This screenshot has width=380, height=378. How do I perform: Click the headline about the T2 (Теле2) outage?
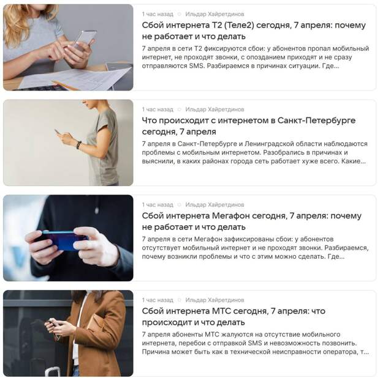[x=254, y=31]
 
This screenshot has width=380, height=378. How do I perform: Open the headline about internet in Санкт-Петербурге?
[x=249, y=126]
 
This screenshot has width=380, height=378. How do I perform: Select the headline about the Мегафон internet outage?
[x=251, y=221]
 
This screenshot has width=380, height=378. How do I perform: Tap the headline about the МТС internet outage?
[x=234, y=316]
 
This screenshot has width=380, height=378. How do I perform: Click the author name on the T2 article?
[x=215, y=14]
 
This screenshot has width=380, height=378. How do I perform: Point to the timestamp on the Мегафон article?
[x=158, y=205]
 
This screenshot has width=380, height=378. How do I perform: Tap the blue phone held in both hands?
[x=61, y=241]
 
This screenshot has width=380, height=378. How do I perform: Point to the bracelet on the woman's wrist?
[x=78, y=144]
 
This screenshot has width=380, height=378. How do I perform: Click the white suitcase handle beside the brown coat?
[x=52, y=372]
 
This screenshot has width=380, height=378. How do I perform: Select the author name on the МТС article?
[x=215, y=300]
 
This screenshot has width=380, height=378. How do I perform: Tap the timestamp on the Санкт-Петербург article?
[x=158, y=109]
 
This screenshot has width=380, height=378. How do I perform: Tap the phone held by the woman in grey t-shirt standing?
[x=58, y=132]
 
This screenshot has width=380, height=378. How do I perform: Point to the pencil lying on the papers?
[x=65, y=85]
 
